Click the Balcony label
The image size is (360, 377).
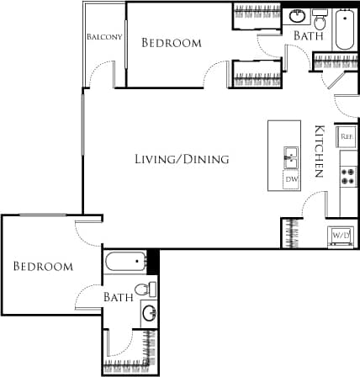[105, 37]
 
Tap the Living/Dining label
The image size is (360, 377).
[183, 159]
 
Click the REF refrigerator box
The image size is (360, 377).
[346, 135]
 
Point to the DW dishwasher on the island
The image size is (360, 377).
[291, 178]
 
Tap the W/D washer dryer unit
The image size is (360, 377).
[341, 235]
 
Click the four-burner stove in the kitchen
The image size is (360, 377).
[346, 176]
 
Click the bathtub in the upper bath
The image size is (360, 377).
[345, 31]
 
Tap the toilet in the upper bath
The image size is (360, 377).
[320, 19]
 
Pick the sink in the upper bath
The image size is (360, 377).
[299, 16]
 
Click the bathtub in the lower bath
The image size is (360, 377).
[126, 263]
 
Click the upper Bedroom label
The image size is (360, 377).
[172, 43]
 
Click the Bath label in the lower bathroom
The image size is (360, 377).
[117, 297]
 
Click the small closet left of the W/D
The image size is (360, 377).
[292, 231]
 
